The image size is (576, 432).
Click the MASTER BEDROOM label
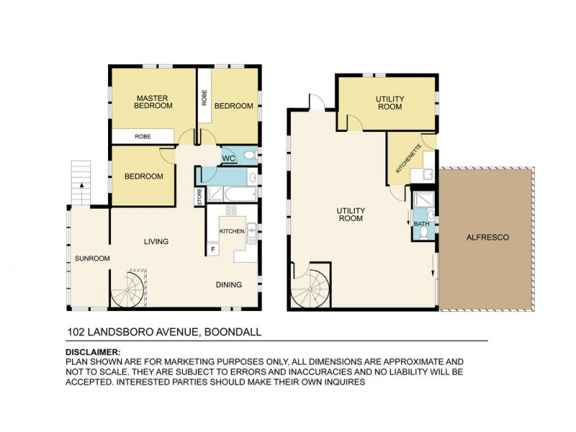pyautogui.click(x=154, y=102)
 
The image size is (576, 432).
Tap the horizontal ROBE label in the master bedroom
pyautogui.click(x=143, y=136)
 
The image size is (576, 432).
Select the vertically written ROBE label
pyautogui.click(x=204, y=97)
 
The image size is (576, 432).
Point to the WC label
pyautogui.click(x=228, y=158)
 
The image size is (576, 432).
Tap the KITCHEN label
pyautogui.click(x=231, y=230)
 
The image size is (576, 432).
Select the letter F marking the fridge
pyautogui.click(x=214, y=249)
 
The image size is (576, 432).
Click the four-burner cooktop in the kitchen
pyautogui.click(x=232, y=210)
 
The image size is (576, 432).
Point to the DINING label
pyautogui.click(x=229, y=285)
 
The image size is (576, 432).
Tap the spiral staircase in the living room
pyautogui.click(x=129, y=289)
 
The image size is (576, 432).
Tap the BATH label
pyautogui.click(x=420, y=225)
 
